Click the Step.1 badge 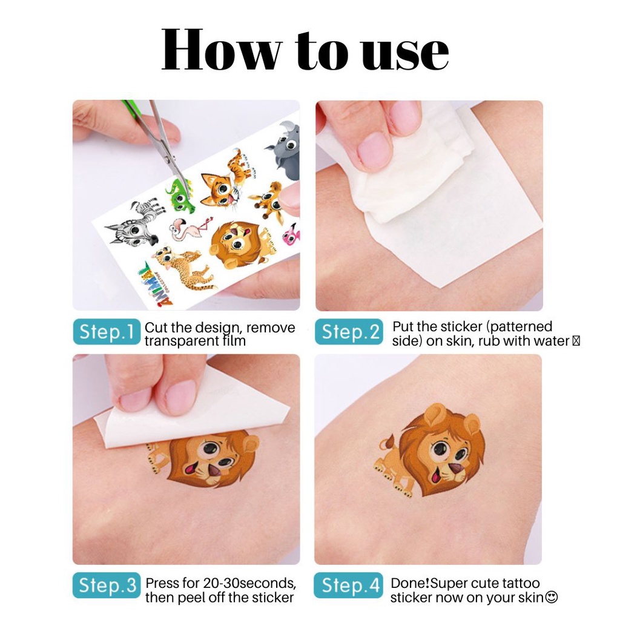coord(107,331)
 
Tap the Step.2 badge coord(349,331)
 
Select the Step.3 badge coord(107,585)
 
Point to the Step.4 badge coord(349,585)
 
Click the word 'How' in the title coord(222,50)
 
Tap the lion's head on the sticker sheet coord(236,245)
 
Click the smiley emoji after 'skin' coord(551,597)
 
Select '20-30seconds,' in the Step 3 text coord(249,583)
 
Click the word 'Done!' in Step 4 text coord(410,583)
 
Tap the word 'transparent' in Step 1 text coord(180,341)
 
